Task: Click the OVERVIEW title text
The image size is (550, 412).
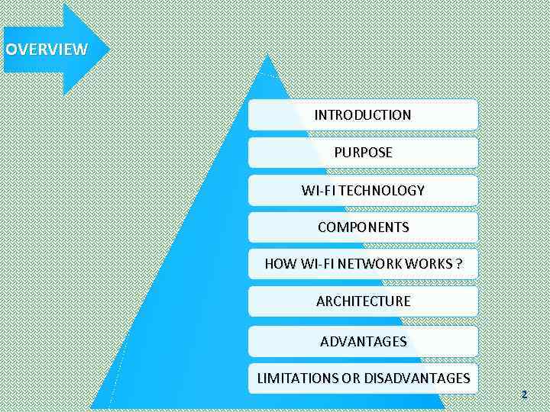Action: coord(47,50)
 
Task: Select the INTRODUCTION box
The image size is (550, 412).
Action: coord(363,115)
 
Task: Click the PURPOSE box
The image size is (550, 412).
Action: coord(363,153)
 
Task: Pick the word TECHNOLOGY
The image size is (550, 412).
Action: coord(381,190)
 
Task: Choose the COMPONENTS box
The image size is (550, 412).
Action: coord(363,227)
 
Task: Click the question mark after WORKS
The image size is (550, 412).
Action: coord(458,264)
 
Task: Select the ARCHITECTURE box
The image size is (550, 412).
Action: coord(363,301)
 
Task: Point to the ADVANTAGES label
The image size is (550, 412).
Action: coord(363,341)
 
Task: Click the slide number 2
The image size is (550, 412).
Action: coord(524,394)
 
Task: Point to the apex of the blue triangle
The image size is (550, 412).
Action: coord(266,56)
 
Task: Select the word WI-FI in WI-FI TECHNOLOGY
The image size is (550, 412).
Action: coord(318,190)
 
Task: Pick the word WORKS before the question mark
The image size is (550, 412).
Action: coord(429,264)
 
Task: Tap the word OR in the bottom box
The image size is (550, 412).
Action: coord(351,378)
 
